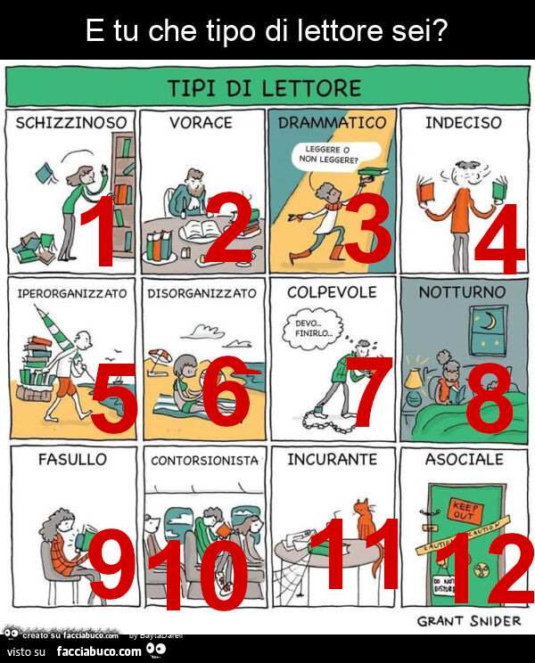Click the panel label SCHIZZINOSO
pyautogui.click(x=71, y=123)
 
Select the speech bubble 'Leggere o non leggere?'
pyautogui.click(x=332, y=155)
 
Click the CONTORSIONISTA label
pyautogui.click(x=204, y=461)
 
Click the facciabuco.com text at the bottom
pyautogui.click(x=98, y=651)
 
